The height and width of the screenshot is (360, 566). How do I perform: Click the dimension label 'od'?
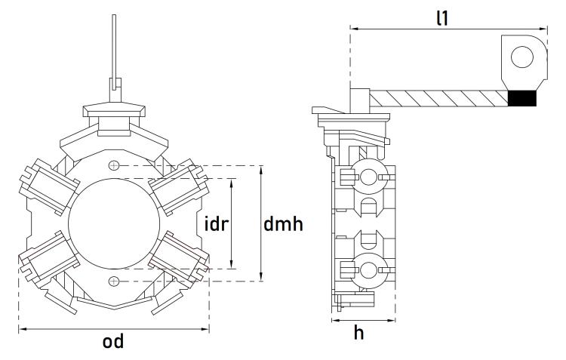point(113,342)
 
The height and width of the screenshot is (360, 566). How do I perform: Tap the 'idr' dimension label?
point(217,224)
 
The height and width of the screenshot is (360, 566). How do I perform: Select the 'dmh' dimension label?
point(284,224)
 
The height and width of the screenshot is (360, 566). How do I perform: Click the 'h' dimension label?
point(359,333)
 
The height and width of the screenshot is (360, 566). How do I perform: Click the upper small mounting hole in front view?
point(114,165)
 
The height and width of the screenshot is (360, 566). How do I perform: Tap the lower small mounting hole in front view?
point(114,282)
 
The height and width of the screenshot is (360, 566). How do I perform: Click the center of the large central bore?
point(114,223)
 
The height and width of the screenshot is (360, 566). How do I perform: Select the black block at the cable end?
point(522,98)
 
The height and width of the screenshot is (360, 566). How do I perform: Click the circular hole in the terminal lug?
point(522,57)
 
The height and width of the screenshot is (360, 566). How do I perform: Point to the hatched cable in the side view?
point(438,98)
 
